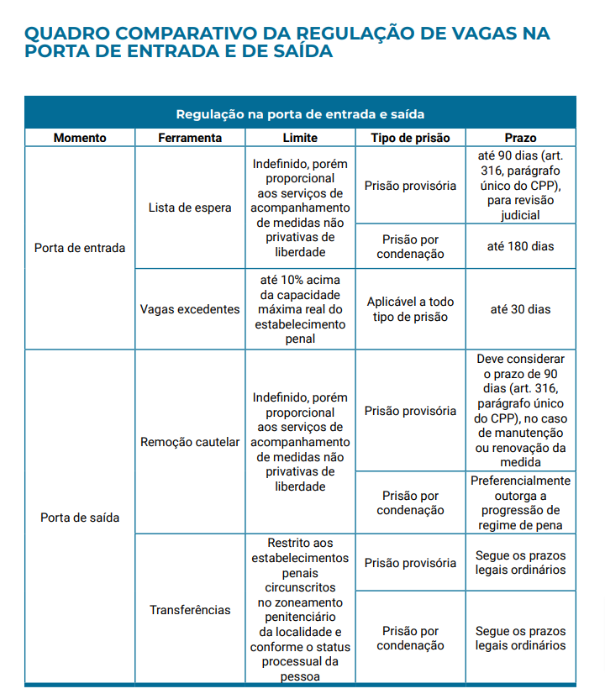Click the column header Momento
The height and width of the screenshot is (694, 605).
click(80, 138)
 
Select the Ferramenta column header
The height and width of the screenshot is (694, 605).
click(190, 138)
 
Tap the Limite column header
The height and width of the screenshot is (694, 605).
click(300, 138)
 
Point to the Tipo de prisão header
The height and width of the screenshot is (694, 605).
click(410, 138)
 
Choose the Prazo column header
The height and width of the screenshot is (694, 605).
click(521, 138)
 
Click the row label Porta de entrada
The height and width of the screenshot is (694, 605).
click(80, 248)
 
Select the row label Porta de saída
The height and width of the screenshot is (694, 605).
click(80, 518)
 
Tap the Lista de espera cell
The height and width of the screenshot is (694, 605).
click(190, 208)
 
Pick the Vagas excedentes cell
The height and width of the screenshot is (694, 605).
click(190, 309)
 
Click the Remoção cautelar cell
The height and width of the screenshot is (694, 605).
click(190, 442)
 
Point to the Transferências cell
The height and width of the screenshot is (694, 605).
click(190, 610)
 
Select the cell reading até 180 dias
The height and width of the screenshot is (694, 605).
click(521, 246)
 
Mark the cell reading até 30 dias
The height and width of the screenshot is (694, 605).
click(521, 309)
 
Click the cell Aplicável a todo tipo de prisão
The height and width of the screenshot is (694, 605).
click(410, 309)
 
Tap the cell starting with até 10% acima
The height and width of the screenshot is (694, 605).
click(300, 309)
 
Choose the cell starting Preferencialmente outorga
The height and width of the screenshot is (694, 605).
click(521, 502)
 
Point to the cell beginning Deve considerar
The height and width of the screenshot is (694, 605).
click(521, 410)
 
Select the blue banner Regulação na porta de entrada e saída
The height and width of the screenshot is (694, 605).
click(300, 113)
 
